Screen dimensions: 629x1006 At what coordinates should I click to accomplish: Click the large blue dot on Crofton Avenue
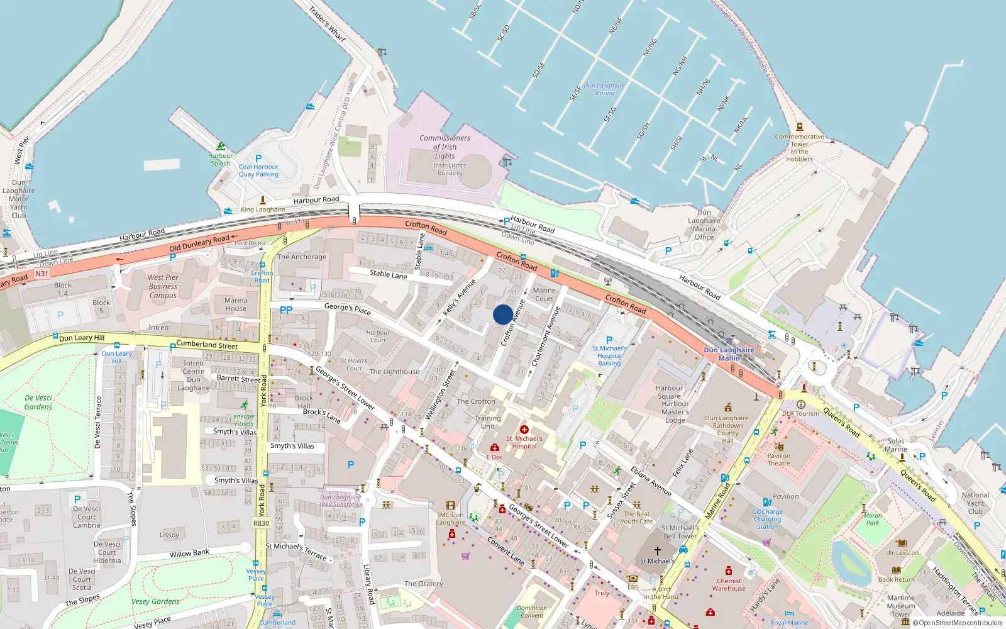502,314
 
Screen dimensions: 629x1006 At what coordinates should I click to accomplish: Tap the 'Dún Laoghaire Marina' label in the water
604,89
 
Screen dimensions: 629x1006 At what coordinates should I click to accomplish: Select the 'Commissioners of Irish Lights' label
445,147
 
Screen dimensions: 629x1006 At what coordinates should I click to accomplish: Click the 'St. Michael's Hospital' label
524,442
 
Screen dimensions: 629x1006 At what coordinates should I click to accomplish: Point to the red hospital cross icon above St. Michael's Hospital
524,430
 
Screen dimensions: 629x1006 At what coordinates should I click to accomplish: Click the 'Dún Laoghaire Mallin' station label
729,354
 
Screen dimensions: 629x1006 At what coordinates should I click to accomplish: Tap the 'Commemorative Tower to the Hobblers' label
799,148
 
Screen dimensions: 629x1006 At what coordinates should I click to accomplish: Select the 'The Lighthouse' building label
394,372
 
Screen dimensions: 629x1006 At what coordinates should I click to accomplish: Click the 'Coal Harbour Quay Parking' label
258,170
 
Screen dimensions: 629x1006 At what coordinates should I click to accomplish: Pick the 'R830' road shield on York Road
261,523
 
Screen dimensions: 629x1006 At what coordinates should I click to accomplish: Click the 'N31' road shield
41,274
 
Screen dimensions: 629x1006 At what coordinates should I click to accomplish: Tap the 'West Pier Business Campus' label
163,286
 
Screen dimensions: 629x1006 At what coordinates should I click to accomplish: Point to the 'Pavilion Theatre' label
778,459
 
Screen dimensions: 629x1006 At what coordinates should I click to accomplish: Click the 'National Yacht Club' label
975,503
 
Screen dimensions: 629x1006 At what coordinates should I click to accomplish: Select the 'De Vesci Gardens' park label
38,402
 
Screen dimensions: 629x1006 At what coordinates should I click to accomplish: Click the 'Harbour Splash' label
220,160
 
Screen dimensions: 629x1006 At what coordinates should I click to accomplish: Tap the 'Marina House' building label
236,304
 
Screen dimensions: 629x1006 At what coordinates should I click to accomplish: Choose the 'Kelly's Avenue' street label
460,297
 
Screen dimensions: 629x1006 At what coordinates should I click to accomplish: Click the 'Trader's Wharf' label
327,23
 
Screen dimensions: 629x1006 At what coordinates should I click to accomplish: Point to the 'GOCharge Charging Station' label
767,519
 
